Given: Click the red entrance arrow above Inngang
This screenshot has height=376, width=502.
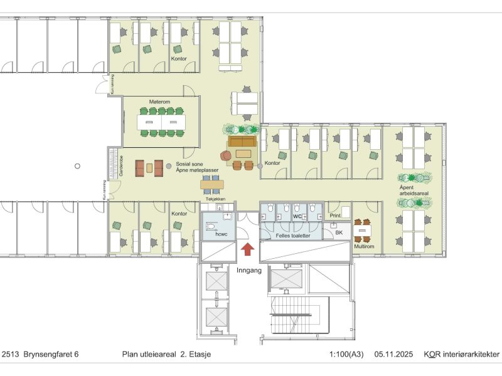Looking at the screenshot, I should tap(248, 249).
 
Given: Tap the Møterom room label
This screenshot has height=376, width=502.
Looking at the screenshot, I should tap(160, 102).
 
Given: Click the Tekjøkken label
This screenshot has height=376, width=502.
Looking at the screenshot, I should tap(215, 199).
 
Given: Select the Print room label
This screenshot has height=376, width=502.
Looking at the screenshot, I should tap(335, 216).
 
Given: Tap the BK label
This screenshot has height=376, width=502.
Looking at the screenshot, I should tap(339, 232).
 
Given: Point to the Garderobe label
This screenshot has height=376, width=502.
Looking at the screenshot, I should tap(113, 165).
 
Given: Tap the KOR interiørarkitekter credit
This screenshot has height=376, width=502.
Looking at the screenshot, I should tap(461, 355).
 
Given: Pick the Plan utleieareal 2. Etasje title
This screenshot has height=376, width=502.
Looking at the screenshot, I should tap(166, 355).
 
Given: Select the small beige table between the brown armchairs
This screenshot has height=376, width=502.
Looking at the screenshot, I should tap(149, 167).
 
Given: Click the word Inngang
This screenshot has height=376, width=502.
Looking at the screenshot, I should tap(248, 270).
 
